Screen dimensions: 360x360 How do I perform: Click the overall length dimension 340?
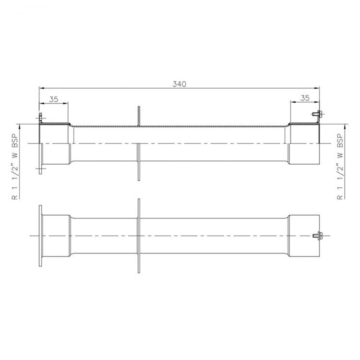coord(179,84)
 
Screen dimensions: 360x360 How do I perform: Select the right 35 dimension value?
coord(304,97)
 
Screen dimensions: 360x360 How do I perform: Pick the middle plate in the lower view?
coord(139,235)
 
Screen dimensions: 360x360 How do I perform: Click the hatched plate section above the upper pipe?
coord(138,117)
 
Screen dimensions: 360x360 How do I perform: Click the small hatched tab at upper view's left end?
coord(40,117)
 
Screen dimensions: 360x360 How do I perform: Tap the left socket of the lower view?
coord(57,235)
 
